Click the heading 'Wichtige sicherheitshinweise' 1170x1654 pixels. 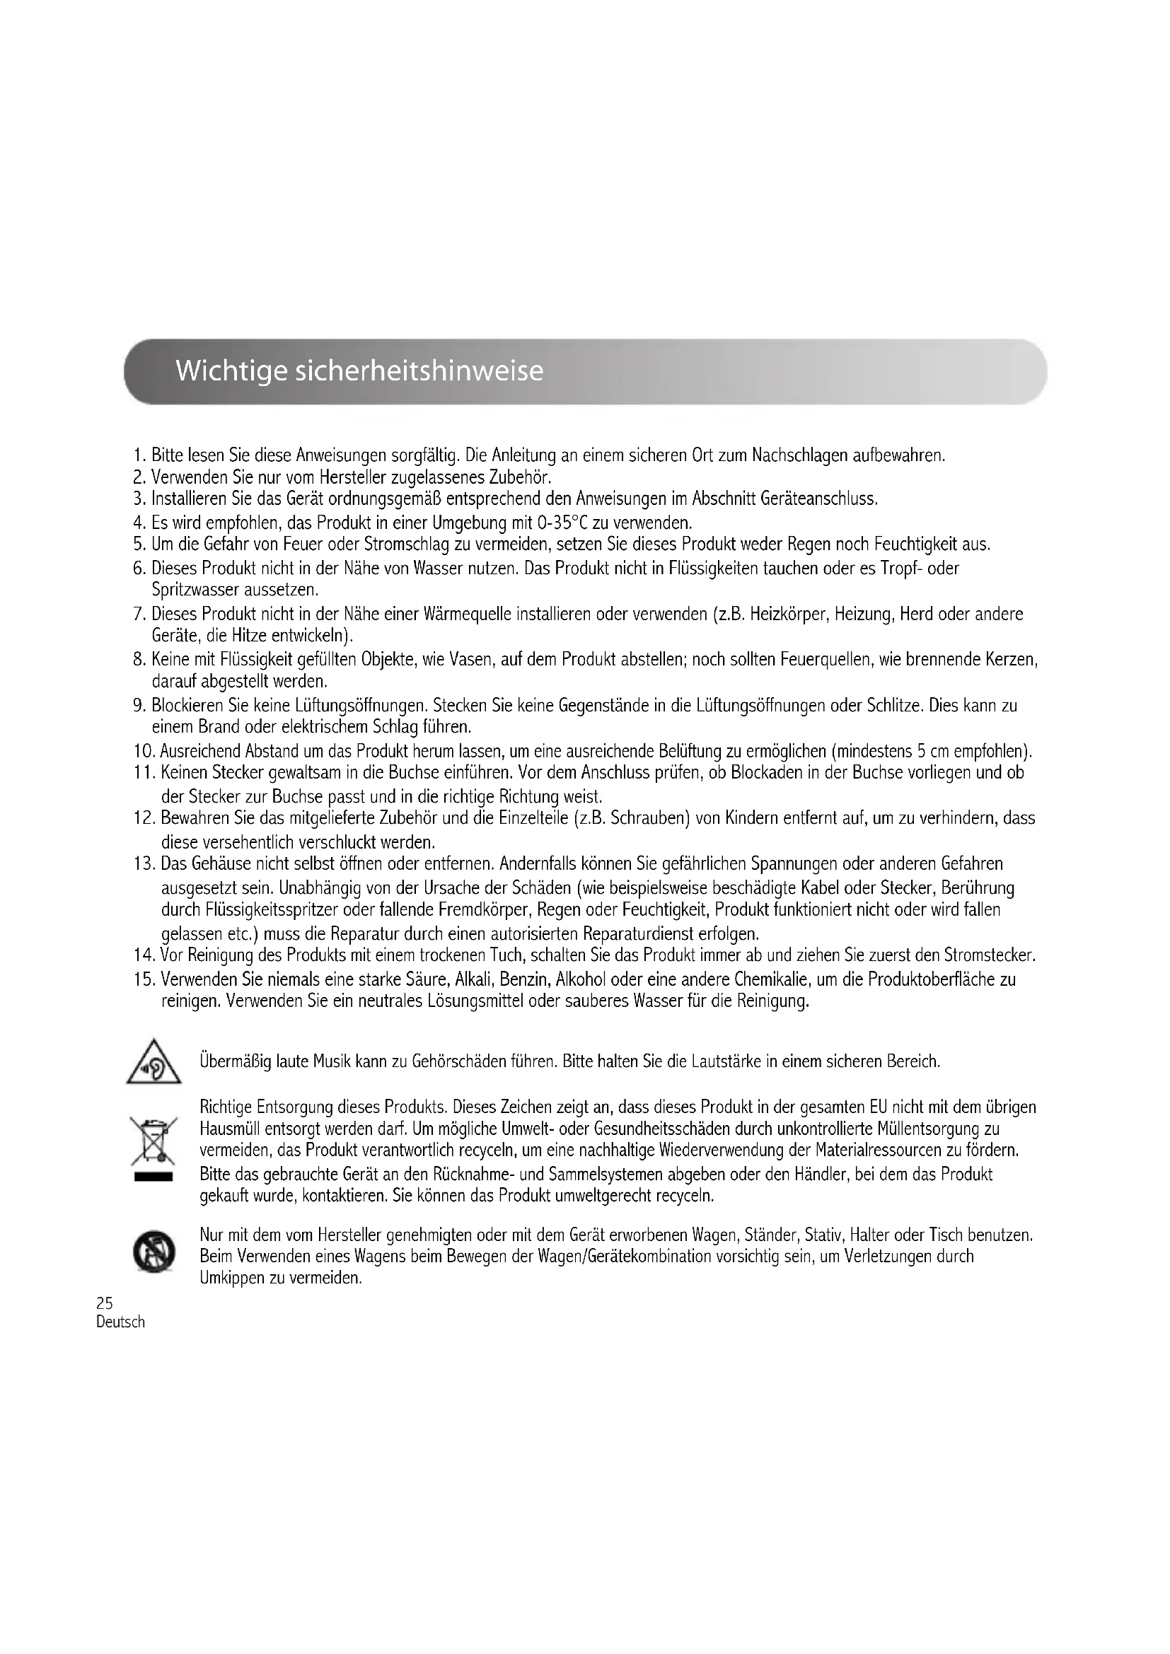pyautogui.click(x=359, y=371)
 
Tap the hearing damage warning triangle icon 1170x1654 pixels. pyautogui.click(x=154, y=1063)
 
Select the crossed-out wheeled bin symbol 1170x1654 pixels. pyautogui.click(x=153, y=1141)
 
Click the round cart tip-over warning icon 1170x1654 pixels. pyautogui.click(x=153, y=1253)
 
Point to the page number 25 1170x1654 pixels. pyautogui.click(x=105, y=1303)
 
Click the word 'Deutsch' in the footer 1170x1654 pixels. pyautogui.click(x=120, y=1322)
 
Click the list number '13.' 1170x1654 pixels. pyautogui.click(x=144, y=863)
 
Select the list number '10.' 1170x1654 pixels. pyautogui.click(x=144, y=752)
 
